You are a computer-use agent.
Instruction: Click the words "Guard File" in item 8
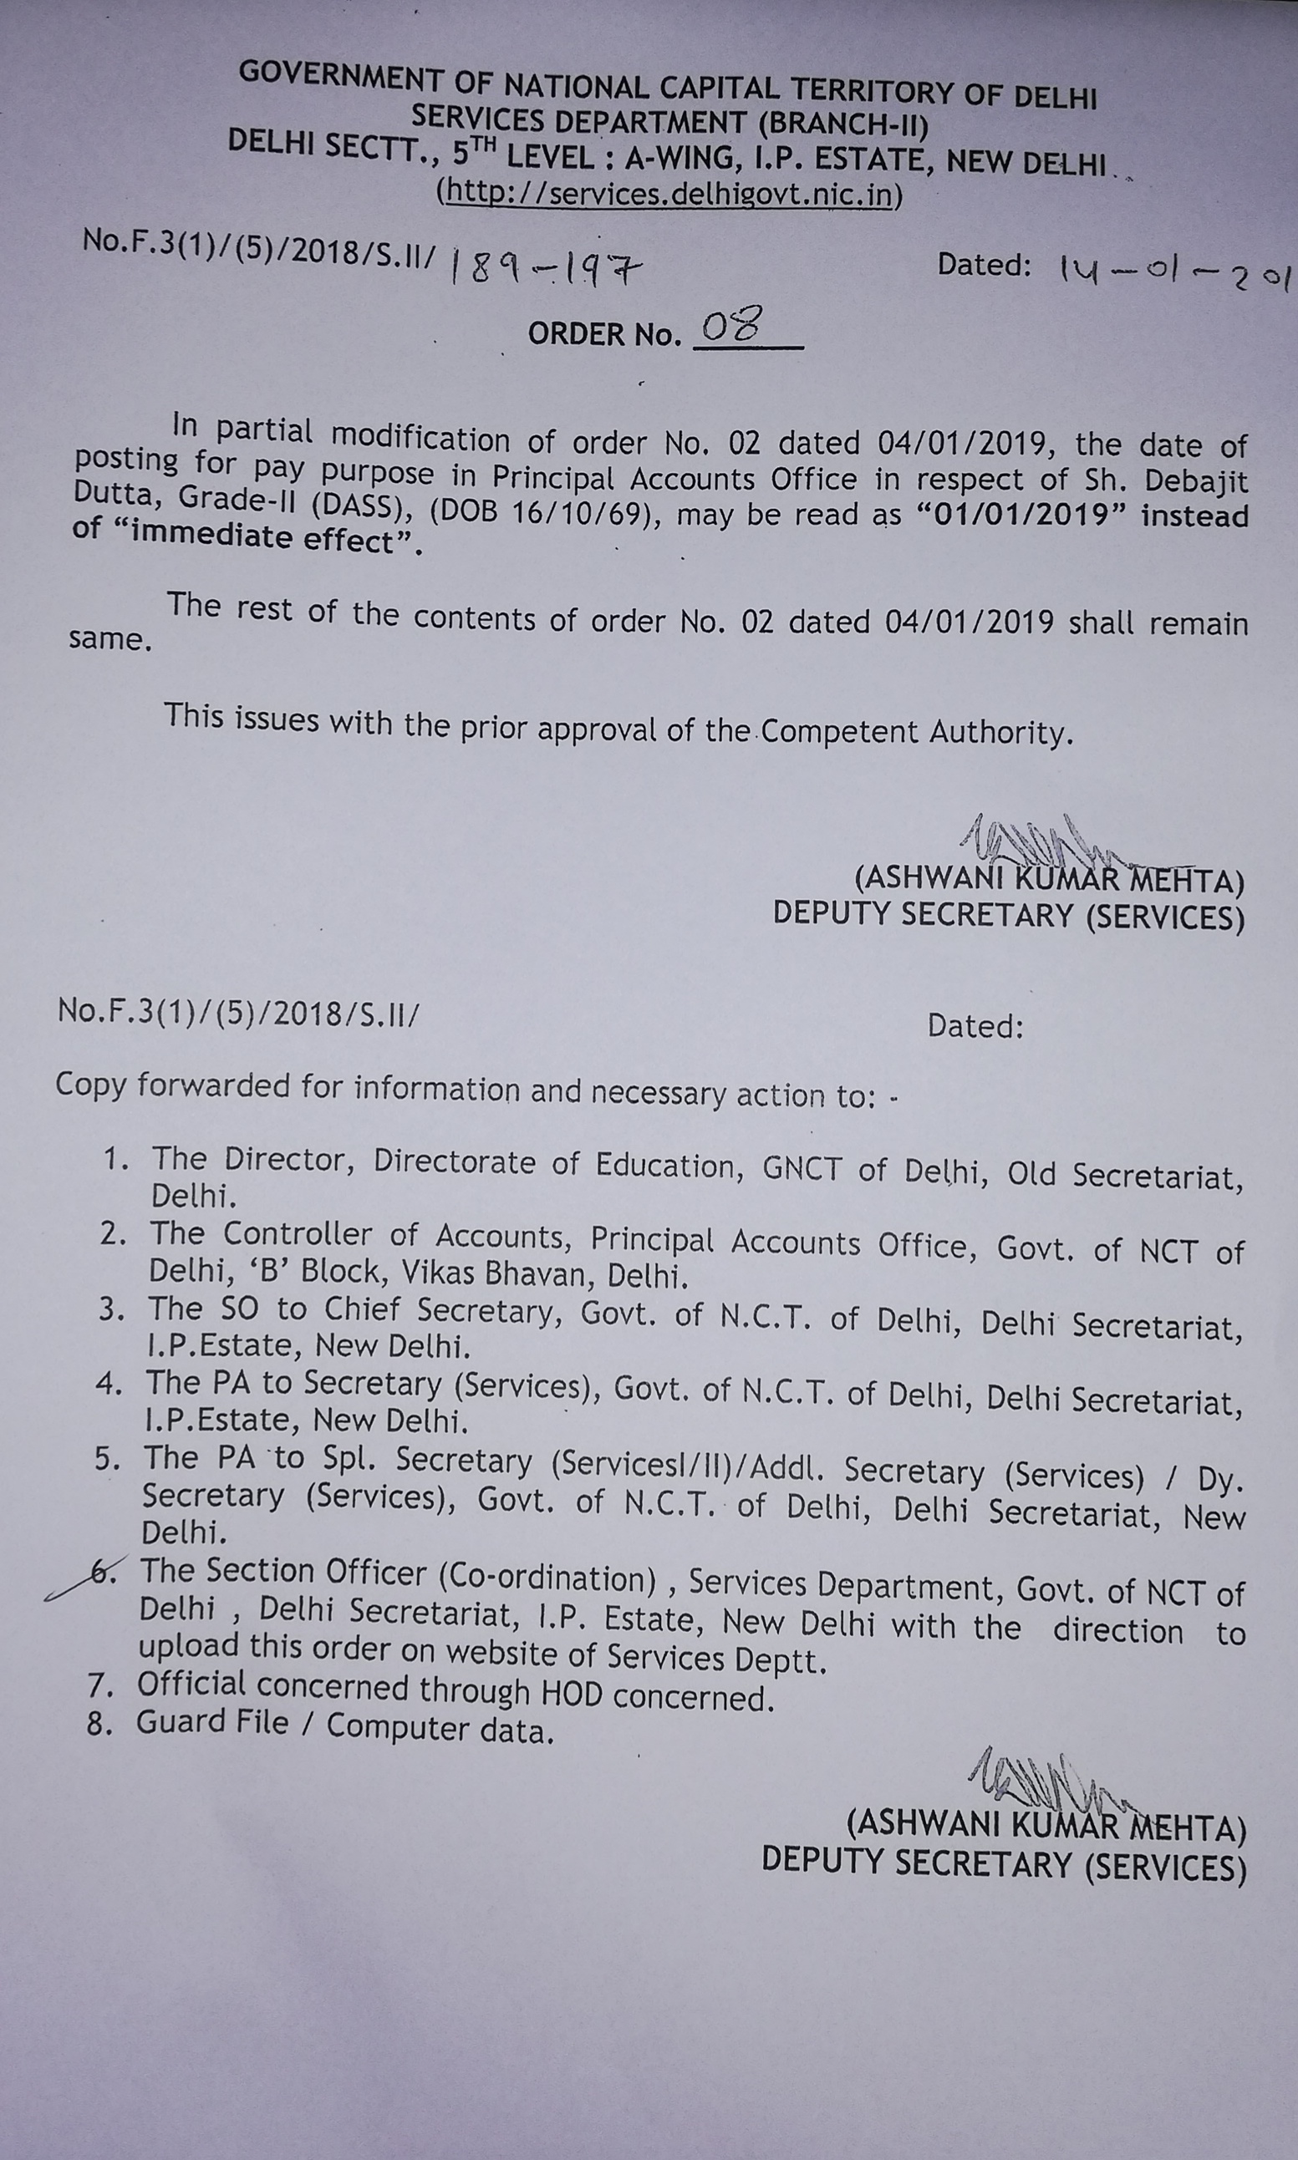point(211,1722)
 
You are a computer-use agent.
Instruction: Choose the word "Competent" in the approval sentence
point(839,731)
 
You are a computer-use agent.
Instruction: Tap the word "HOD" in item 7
point(572,1694)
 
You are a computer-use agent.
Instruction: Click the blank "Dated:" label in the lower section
point(975,1026)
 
